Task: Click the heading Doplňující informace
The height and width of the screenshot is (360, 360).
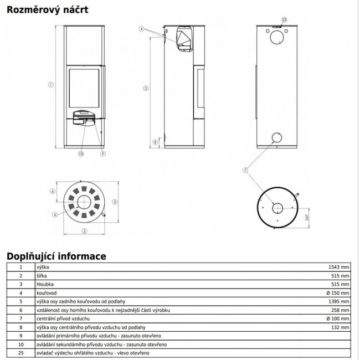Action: pyautogui.click(x=56, y=256)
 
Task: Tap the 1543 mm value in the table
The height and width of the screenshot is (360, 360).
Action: pyautogui.click(x=339, y=267)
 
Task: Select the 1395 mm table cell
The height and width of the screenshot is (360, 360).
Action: pyautogui.click(x=339, y=301)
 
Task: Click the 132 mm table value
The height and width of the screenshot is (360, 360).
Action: pyautogui.click(x=341, y=327)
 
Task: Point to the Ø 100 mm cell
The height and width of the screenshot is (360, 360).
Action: pyautogui.click(x=337, y=318)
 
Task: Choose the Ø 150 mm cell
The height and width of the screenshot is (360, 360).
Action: pyautogui.click(x=337, y=292)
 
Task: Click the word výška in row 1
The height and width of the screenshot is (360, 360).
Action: pyautogui.click(x=42, y=267)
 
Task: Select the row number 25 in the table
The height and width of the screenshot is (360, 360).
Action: pyautogui.click(x=20, y=353)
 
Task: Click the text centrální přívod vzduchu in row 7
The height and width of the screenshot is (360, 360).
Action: pyautogui.click(x=62, y=318)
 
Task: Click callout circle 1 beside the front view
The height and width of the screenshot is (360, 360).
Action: pyautogui.click(x=50, y=85)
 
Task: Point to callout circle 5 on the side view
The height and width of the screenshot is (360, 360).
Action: pyautogui.click(x=145, y=88)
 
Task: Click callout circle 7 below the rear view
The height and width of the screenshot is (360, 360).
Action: pyautogui.click(x=245, y=170)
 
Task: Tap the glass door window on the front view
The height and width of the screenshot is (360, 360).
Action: pyautogui.click(x=85, y=89)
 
